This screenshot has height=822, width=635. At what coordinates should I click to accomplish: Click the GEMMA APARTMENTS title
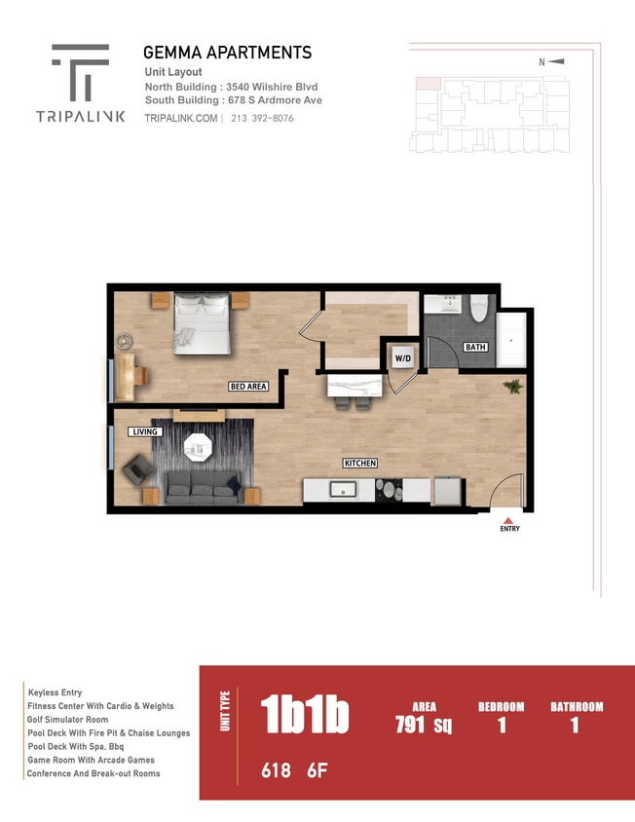pyautogui.click(x=227, y=53)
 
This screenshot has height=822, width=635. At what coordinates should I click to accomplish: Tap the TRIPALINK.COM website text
pyautogui.click(x=180, y=118)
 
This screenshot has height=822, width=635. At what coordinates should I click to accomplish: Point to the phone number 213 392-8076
pyautogui.click(x=262, y=118)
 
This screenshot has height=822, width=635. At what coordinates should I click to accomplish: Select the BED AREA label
pyautogui.click(x=247, y=387)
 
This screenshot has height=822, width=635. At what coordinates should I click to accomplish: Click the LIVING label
pyautogui.click(x=145, y=431)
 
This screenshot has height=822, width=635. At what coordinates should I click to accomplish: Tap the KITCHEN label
pyautogui.click(x=359, y=463)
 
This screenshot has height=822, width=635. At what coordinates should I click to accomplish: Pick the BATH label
pyautogui.click(x=474, y=347)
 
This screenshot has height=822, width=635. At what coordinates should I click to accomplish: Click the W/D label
pyautogui.click(x=402, y=358)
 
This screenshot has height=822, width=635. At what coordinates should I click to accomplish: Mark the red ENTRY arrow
pyautogui.click(x=509, y=519)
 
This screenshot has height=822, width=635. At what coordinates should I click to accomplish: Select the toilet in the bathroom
pyautogui.click(x=478, y=310)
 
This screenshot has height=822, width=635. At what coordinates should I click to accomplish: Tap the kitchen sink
pyautogui.click(x=343, y=489)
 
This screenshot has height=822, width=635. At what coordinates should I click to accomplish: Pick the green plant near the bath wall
pyautogui.click(x=511, y=387)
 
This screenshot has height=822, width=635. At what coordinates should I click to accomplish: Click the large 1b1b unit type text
pyautogui.click(x=305, y=716)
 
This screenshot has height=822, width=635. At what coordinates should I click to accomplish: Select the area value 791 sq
pyautogui.click(x=424, y=725)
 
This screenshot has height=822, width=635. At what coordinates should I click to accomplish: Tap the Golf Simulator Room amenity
pyautogui.click(x=68, y=719)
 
